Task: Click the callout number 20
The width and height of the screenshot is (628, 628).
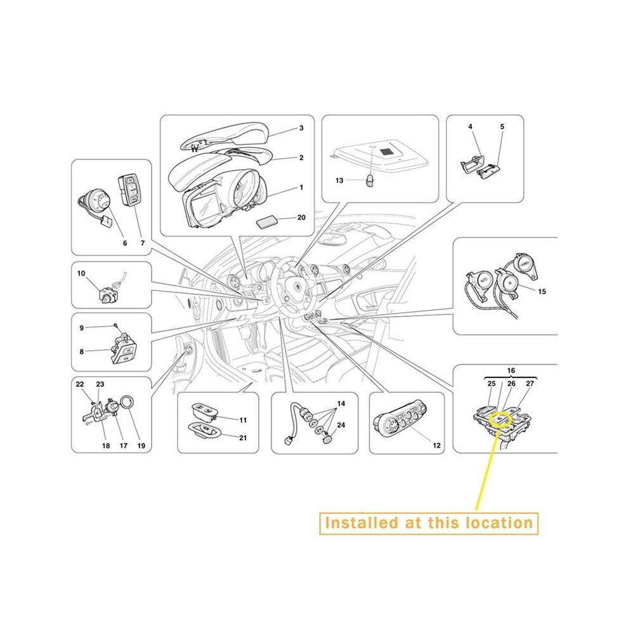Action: [301, 218]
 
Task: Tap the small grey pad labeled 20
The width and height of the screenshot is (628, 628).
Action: [268, 221]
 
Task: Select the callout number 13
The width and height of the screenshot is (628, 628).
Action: [339, 181]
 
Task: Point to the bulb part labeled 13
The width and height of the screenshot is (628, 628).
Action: [370, 181]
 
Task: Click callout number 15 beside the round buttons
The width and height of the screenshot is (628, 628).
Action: [542, 292]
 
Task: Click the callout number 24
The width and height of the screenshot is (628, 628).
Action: [341, 425]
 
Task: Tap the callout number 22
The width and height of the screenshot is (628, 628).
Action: [80, 384]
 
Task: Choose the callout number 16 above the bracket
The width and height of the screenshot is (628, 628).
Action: [511, 370]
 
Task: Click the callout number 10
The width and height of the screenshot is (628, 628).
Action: [81, 273]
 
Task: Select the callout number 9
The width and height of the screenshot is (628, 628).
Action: [82, 328]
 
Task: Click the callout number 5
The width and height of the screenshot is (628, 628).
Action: [502, 127]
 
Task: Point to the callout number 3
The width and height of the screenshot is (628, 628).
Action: [301, 128]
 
